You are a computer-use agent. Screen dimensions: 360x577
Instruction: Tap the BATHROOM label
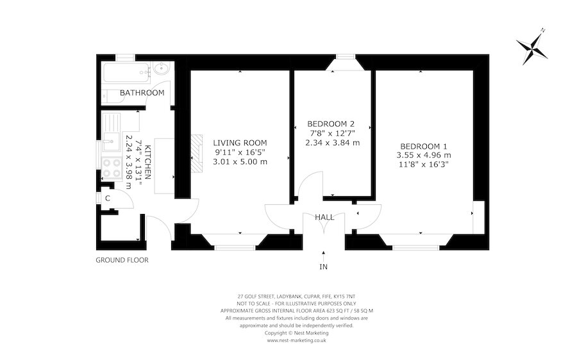[x=142, y=93]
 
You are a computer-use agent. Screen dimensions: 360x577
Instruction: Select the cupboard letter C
[x=108, y=198]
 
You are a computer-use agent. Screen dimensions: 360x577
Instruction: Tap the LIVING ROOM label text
[x=240, y=142]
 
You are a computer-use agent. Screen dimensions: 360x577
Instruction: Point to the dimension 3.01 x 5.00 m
[x=240, y=161]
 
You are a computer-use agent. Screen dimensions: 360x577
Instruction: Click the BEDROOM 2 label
[x=331, y=124]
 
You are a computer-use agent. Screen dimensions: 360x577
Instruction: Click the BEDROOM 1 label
[x=424, y=145]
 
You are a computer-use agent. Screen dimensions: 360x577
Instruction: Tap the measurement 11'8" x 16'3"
[x=424, y=164]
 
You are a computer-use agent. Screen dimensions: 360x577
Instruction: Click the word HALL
[x=324, y=217]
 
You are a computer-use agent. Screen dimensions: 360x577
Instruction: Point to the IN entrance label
[x=324, y=266]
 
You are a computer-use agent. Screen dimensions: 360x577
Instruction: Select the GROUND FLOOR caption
[x=122, y=260]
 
